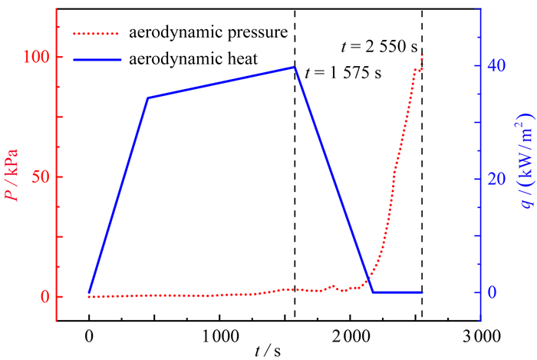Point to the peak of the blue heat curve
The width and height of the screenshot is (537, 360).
(294, 67)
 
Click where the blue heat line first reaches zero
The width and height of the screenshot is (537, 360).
(373, 292)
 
